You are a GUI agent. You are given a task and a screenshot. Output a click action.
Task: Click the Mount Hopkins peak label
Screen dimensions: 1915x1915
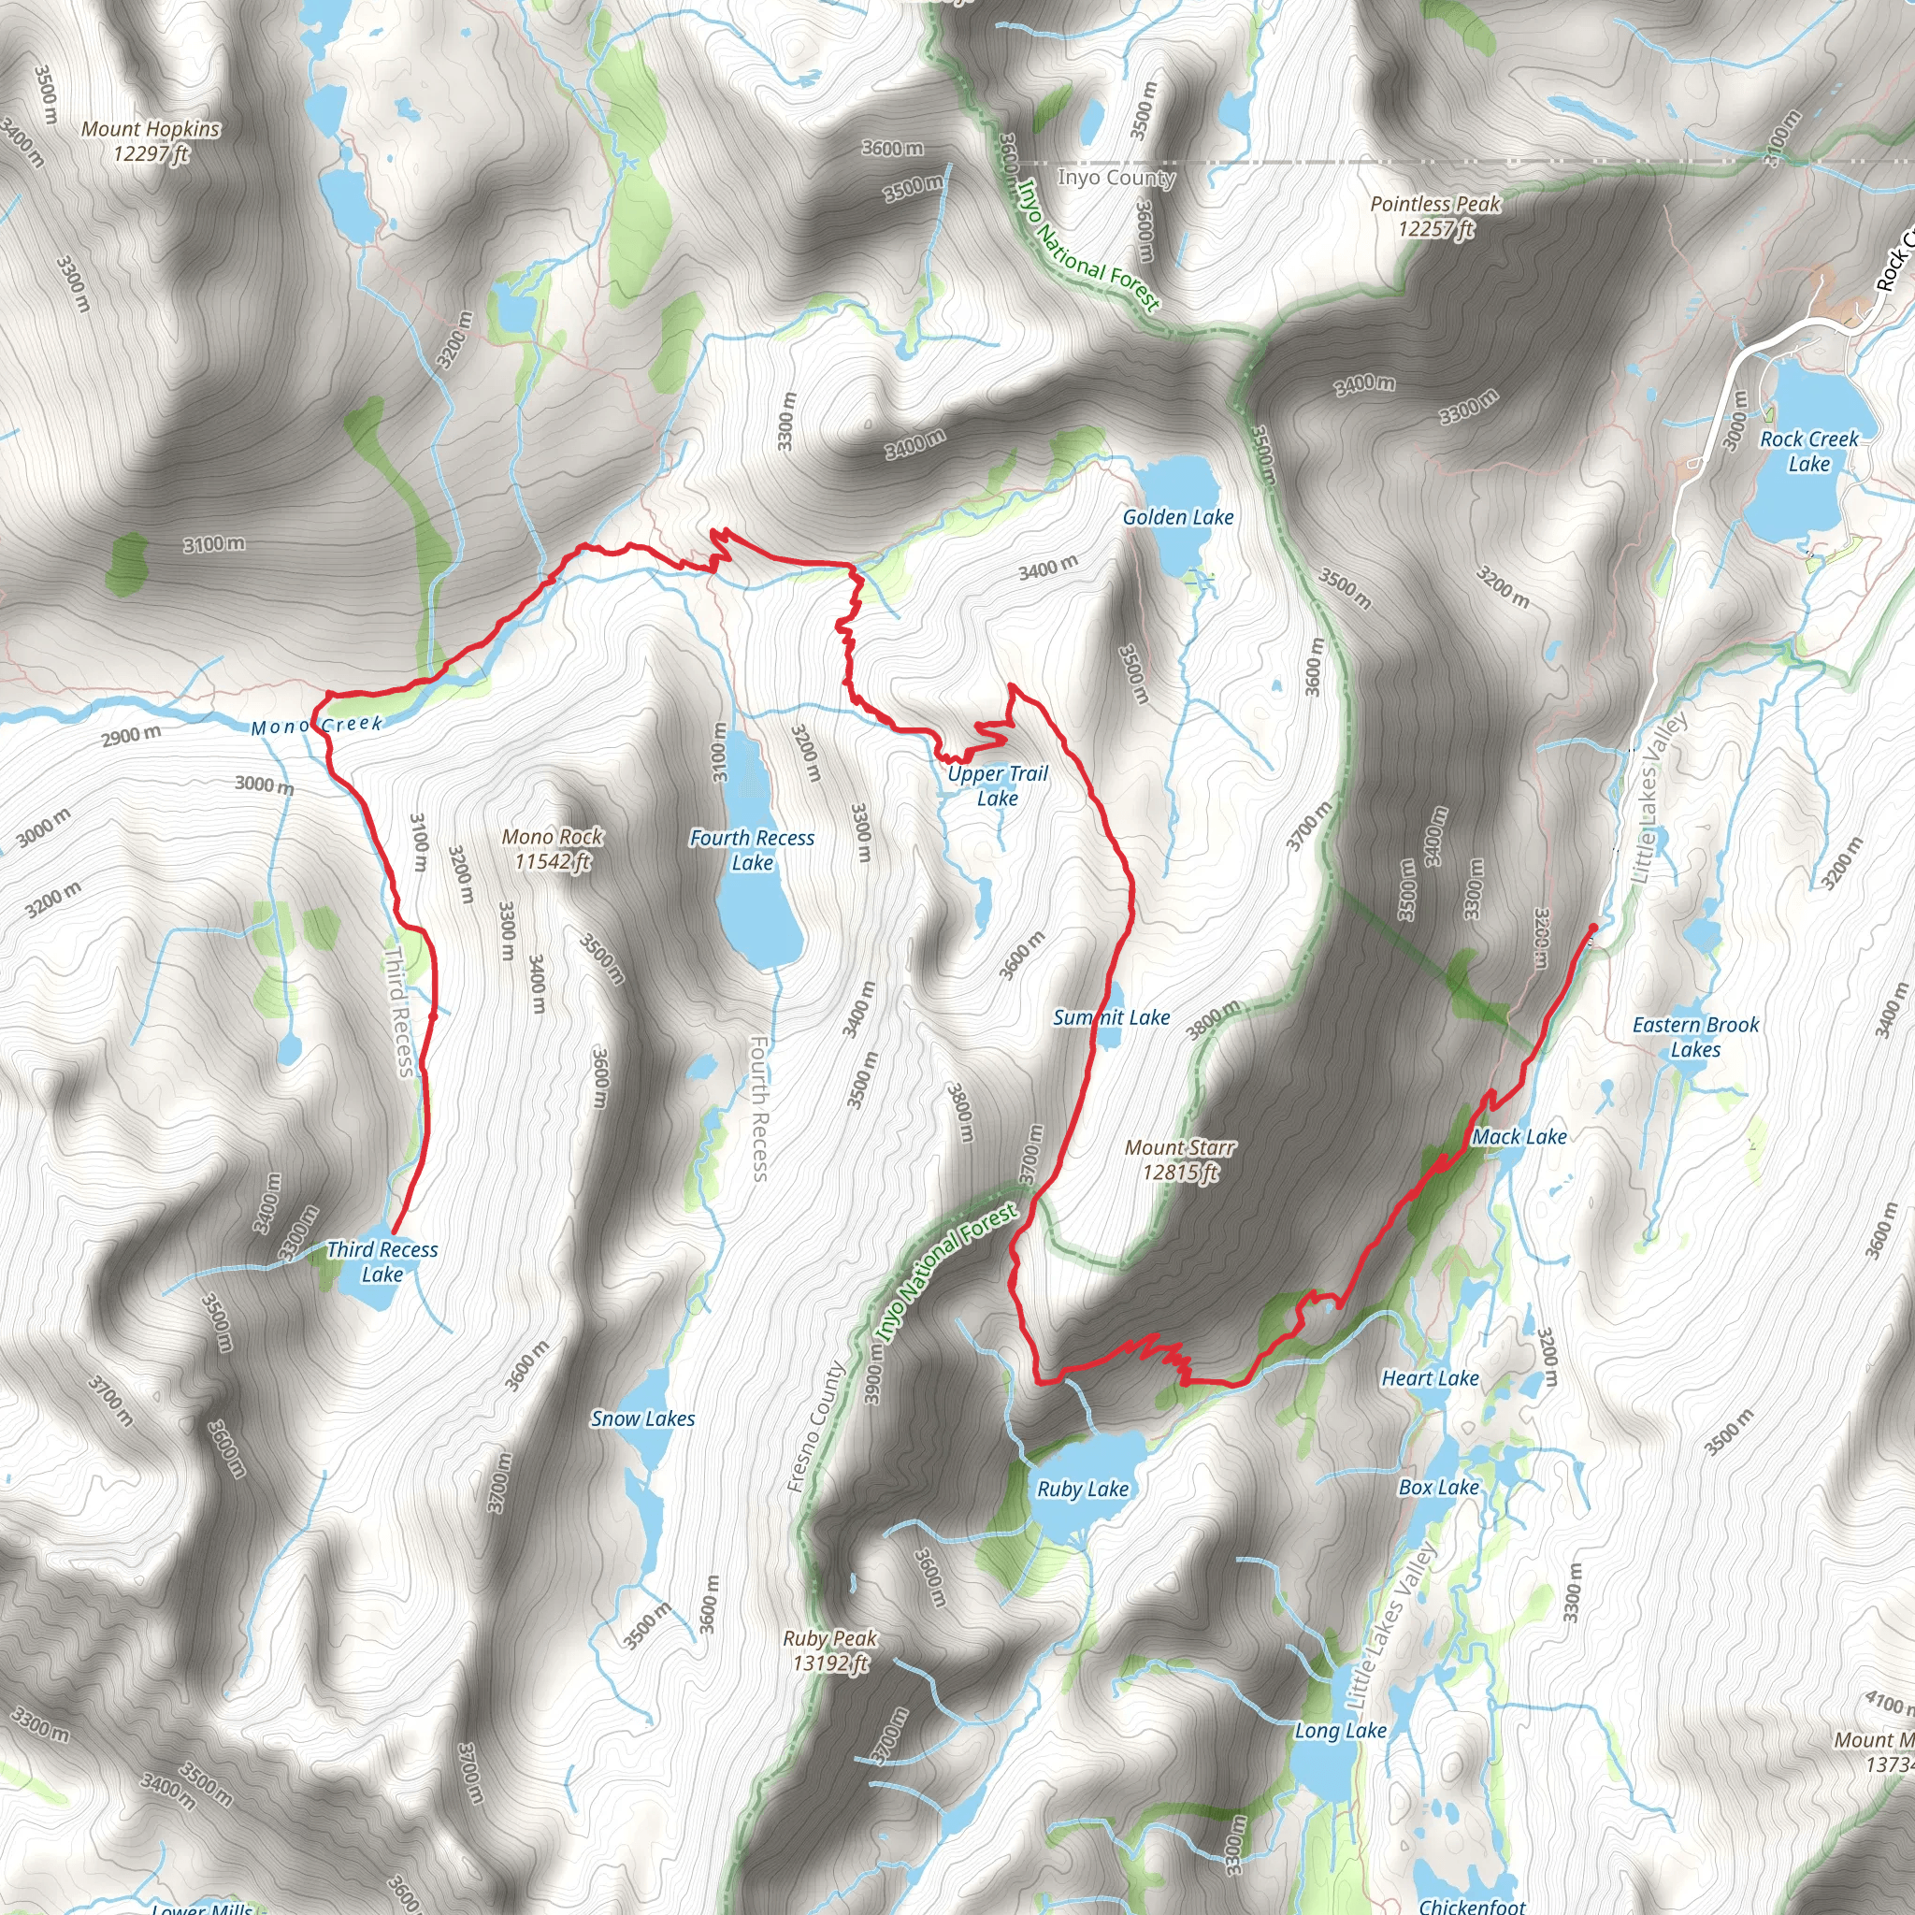click(x=151, y=141)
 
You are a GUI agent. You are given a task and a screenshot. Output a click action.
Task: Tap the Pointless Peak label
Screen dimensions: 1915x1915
click(x=1435, y=216)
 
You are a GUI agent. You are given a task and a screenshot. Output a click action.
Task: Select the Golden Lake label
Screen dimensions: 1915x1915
click(x=1177, y=517)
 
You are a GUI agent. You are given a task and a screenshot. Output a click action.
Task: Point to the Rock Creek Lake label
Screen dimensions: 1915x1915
click(x=1809, y=451)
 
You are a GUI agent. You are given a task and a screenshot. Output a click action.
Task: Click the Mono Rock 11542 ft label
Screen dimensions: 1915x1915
click(x=552, y=849)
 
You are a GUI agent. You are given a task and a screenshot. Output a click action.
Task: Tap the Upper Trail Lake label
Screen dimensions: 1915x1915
click(x=997, y=786)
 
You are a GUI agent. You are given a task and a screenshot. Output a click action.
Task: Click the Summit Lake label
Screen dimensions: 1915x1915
click(x=1111, y=1018)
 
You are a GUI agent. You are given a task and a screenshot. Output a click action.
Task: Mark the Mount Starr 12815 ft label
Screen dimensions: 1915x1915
click(x=1179, y=1159)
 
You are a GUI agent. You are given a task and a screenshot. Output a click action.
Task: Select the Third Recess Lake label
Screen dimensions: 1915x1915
click(x=382, y=1261)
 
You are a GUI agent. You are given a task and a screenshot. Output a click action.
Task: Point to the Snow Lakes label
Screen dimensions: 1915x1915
click(x=642, y=1419)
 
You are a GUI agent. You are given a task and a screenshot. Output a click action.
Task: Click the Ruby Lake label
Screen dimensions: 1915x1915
click(x=1083, y=1489)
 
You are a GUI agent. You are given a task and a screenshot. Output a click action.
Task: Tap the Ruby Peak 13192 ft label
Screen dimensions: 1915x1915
click(x=829, y=1650)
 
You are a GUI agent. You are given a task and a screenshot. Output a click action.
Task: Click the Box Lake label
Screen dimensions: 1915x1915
click(x=1438, y=1488)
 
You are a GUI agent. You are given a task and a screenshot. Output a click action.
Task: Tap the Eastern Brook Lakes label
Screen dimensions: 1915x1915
click(x=1696, y=1037)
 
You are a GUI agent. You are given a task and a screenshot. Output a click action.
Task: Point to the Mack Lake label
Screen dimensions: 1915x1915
click(x=1519, y=1137)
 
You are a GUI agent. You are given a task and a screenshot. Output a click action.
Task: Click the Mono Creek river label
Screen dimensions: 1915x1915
click(x=317, y=726)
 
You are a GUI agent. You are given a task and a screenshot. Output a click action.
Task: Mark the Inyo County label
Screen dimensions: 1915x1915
click(x=1116, y=178)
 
